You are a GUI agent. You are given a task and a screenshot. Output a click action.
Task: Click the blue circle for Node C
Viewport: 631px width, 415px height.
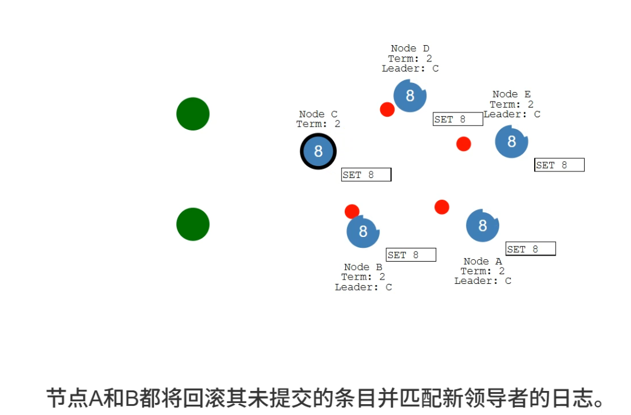[318, 151]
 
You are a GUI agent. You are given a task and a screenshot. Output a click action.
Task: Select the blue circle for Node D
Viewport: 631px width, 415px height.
[410, 95]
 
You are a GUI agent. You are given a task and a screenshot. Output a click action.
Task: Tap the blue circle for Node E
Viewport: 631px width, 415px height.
[511, 141]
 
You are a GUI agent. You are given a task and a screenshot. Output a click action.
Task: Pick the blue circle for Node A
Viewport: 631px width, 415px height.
[482, 226]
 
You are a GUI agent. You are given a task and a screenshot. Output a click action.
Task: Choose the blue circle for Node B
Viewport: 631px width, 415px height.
[363, 232]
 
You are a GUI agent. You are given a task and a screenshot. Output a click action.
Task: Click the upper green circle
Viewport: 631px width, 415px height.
[192, 114]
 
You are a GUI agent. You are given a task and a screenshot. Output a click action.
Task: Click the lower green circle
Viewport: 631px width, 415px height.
[192, 224]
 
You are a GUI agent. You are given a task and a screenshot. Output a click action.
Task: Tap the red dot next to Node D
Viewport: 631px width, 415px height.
[387, 109]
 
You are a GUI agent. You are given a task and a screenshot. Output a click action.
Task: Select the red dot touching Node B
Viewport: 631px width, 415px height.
[352, 212]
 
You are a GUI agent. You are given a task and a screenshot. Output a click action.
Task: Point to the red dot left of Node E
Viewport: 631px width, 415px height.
[463, 144]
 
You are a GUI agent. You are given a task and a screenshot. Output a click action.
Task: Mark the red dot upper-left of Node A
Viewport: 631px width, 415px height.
[442, 207]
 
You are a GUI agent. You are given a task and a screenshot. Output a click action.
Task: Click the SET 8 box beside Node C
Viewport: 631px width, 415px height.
[366, 174]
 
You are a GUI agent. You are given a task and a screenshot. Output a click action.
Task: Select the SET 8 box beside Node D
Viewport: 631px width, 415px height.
[458, 119]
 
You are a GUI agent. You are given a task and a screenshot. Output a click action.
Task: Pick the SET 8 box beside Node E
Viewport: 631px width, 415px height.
[559, 165]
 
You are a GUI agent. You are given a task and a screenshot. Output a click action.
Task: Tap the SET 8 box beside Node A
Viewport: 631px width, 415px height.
[531, 249]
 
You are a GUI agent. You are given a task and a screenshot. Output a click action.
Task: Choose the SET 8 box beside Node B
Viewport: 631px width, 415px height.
[411, 255]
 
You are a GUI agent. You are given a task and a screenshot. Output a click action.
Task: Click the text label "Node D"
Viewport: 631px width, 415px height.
[410, 48]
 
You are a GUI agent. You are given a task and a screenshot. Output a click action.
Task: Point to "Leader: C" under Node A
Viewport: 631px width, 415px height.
[482, 281]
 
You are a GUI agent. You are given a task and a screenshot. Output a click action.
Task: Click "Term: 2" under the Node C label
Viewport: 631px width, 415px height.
[318, 124]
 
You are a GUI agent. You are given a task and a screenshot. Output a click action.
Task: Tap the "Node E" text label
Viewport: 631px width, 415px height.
[511, 94]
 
